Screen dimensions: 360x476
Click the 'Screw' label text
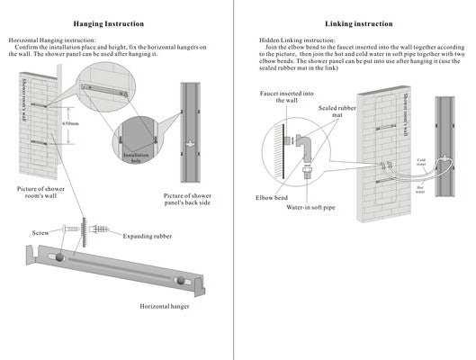pyautogui.click(x=40, y=232)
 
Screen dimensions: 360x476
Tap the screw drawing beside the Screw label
pyautogui.click(x=69, y=231)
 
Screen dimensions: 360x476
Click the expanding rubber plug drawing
pyautogui.click(x=98, y=229)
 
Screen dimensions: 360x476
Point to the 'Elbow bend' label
pyautogui.click(x=262, y=196)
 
